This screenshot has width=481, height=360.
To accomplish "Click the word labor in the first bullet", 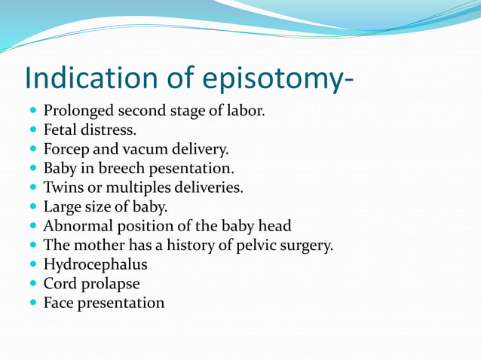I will [246, 111].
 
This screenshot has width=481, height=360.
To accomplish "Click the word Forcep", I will [66, 150].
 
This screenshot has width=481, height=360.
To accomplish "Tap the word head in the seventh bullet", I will [274, 226].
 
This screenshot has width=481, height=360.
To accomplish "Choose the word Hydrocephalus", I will [95, 264].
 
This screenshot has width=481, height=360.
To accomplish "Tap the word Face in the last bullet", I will [59, 303].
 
